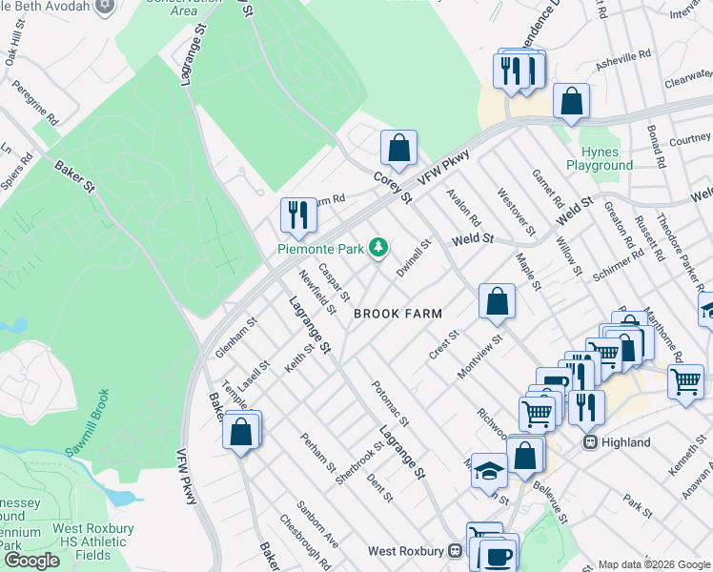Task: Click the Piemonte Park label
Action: [x=321, y=249]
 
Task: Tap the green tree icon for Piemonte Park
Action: [x=379, y=248]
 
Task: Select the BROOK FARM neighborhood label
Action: [x=397, y=313]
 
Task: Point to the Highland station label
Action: [x=626, y=442]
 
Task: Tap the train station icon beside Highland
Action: [x=591, y=442]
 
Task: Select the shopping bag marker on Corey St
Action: [x=398, y=148]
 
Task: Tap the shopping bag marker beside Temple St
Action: [x=242, y=430]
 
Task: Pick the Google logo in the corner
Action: [x=31, y=561]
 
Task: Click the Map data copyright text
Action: [x=654, y=564]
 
